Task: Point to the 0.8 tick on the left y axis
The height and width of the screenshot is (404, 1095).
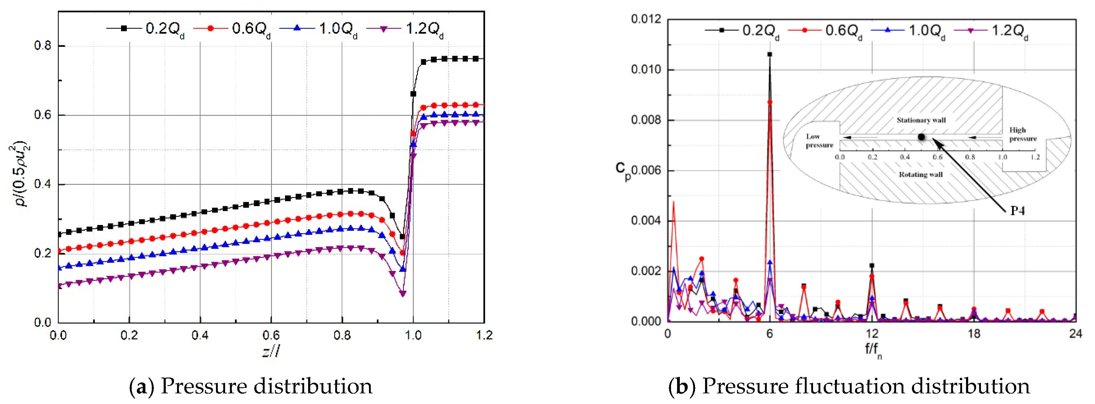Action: tap(43, 45)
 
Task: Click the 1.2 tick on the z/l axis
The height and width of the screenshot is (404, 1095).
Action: tap(484, 335)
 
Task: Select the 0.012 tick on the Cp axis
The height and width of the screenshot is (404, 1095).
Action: tap(646, 19)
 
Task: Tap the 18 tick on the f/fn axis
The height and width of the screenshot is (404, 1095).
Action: tap(974, 334)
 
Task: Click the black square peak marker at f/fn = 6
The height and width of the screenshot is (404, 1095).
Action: tap(770, 54)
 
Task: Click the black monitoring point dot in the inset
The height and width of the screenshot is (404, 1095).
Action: tap(921, 137)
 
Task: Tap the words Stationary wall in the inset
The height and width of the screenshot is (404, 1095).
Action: tap(921, 120)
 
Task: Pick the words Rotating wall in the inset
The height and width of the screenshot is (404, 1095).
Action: tap(920, 174)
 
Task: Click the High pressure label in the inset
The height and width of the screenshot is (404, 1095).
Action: tap(1023, 134)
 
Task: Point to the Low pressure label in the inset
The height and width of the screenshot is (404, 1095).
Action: tap(819, 141)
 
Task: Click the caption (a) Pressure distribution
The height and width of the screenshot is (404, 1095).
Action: tap(251, 386)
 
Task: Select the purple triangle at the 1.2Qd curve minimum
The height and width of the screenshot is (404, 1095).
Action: tap(402, 293)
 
